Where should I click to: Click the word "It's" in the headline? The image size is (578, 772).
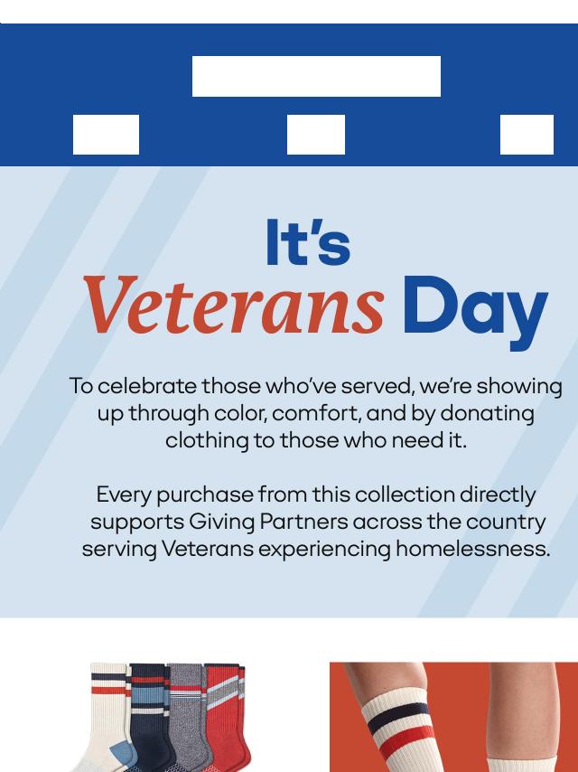[308, 242]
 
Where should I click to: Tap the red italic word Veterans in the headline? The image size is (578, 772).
[234, 305]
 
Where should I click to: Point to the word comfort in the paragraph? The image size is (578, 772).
[316, 413]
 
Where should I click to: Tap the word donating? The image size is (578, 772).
[487, 414]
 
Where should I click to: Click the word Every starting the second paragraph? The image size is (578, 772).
[124, 494]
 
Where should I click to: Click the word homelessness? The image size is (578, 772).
[472, 549]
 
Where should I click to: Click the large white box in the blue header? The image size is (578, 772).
[316, 76]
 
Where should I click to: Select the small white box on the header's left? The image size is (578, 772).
[106, 135]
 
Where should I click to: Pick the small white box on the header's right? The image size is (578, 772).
[527, 135]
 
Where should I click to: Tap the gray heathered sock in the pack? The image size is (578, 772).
[187, 714]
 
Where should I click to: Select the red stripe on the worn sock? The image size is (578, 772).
[406, 740]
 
